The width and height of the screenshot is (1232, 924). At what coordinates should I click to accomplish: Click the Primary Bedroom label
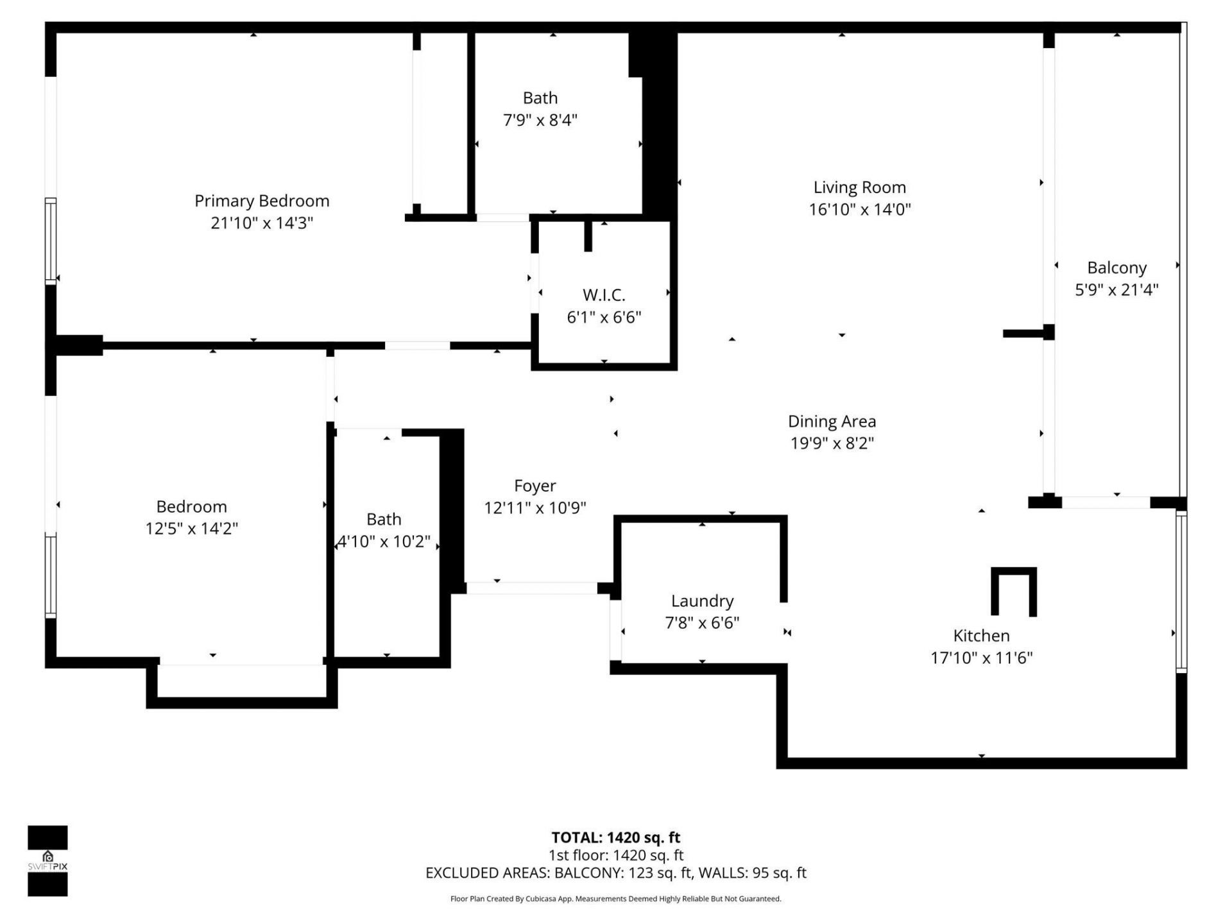[262, 201]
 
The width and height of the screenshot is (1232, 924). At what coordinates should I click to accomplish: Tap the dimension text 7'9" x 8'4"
[540, 120]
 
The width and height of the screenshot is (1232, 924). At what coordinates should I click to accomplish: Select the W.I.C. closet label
[604, 295]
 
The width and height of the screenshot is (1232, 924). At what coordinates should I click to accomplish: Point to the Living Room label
[859, 187]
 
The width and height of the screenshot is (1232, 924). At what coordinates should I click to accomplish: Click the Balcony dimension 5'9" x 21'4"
[1116, 289]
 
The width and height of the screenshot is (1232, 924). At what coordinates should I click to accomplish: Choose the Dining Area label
[832, 422]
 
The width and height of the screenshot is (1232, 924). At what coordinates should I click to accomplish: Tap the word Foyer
[535, 486]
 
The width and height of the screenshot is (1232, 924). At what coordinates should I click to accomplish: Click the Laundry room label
[702, 601]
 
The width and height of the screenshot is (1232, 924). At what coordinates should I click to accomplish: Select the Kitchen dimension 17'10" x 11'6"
[981, 657]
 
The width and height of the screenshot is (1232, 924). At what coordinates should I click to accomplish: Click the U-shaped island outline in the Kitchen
[1013, 572]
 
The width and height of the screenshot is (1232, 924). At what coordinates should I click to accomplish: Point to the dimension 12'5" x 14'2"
[192, 528]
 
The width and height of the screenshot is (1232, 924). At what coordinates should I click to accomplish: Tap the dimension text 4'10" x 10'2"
[384, 542]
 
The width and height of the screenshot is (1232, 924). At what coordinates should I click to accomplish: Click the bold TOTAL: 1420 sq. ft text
[615, 837]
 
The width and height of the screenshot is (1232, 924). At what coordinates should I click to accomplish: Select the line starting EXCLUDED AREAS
[615, 873]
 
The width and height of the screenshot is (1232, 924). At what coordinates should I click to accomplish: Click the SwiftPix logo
[47, 860]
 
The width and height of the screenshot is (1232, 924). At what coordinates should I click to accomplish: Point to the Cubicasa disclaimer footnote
[615, 899]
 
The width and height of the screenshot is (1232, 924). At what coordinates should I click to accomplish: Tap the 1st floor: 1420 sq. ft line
[615, 855]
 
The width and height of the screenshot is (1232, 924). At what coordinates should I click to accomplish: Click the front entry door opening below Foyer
[531, 588]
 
